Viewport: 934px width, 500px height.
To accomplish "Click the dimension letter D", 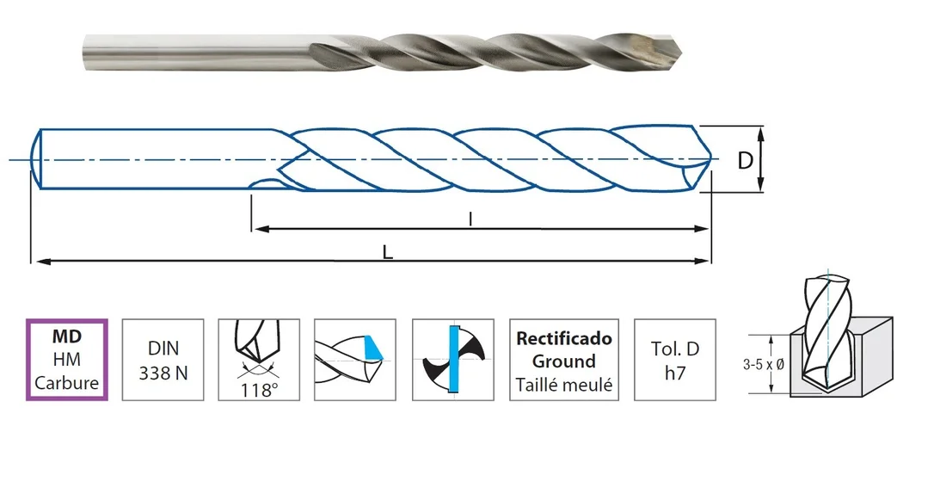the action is tap(745, 160).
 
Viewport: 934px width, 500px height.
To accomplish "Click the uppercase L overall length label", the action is tap(388, 253).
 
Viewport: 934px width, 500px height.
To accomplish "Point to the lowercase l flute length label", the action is tap(470, 219).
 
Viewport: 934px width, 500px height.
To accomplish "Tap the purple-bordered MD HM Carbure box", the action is tap(67, 360).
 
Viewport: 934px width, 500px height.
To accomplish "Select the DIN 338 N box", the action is tap(163, 360).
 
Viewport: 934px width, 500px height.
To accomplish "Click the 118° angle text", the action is tap(259, 391).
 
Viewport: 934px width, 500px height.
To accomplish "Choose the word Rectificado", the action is tap(564, 338).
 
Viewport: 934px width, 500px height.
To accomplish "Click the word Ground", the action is tap(564, 361).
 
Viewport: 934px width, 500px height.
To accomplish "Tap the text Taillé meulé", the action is tap(564, 385).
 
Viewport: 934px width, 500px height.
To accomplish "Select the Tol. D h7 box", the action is tap(675, 360).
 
